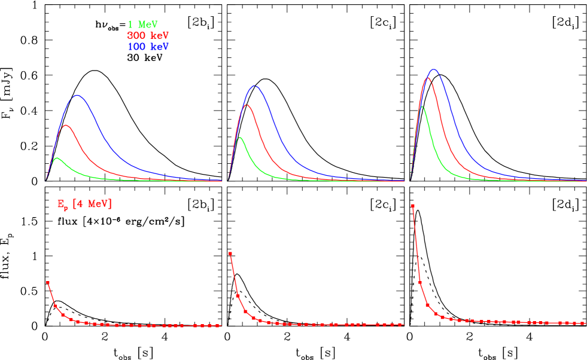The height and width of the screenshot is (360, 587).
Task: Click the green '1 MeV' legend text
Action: click(x=142, y=25)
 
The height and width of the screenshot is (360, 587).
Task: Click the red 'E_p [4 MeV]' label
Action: click(x=84, y=205)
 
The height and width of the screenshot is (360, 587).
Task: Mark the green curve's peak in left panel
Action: click(x=57, y=158)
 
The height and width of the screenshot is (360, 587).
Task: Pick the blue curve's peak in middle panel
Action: click(x=256, y=86)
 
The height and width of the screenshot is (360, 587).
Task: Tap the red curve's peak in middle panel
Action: click(x=247, y=105)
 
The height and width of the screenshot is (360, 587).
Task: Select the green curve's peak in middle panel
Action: click(x=240, y=138)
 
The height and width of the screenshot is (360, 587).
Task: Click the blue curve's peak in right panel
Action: click(x=434, y=69)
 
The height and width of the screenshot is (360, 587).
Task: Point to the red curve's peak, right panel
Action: click(x=428, y=78)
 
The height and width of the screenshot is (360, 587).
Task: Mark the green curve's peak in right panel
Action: click(x=423, y=107)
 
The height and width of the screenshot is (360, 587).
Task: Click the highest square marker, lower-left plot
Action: click(x=48, y=282)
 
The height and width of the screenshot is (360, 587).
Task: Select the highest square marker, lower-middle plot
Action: click(x=230, y=254)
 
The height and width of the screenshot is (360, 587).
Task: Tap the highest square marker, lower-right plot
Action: click(x=413, y=206)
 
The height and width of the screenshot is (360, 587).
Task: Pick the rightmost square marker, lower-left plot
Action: click(x=219, y=326)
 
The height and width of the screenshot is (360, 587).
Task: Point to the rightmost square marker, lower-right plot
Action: click(x=583, y=323)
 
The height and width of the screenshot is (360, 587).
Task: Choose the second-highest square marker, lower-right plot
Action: click(x=420, y=282)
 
